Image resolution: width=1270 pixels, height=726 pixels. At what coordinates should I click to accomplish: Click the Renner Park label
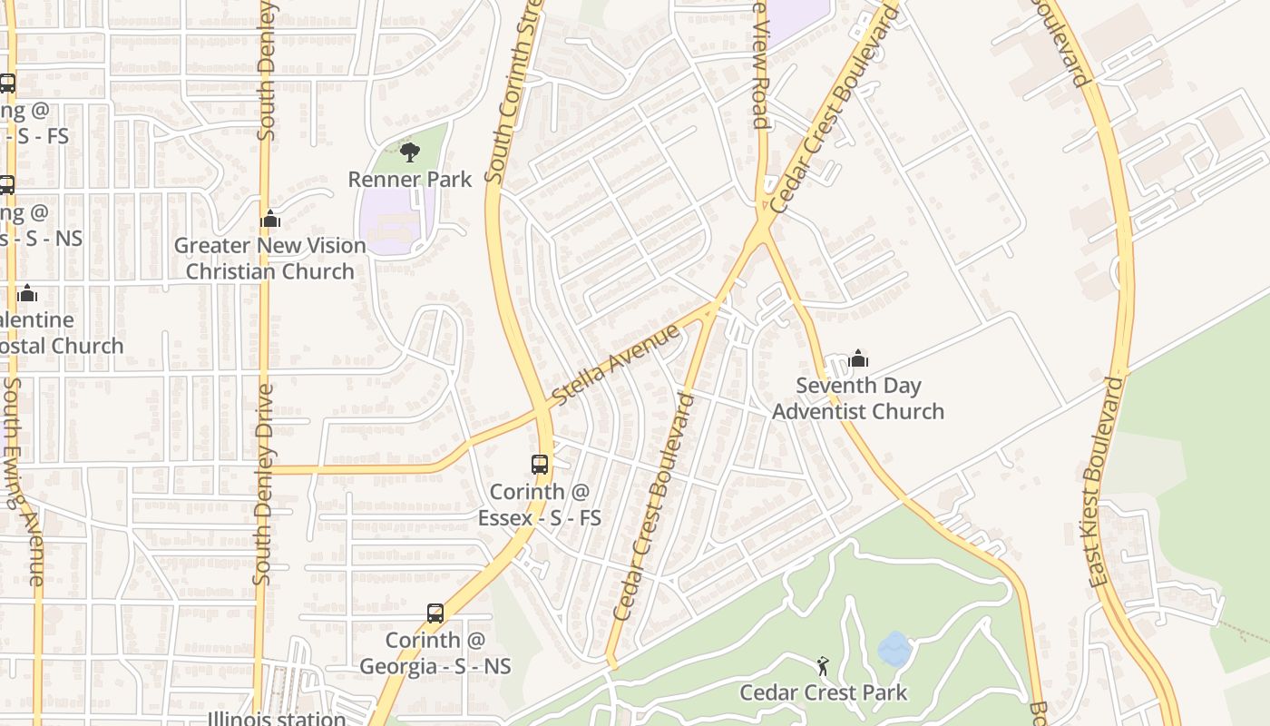410,179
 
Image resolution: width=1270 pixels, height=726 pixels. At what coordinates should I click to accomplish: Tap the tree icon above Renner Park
410,152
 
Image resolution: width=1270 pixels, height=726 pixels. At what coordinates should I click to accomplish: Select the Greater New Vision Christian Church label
269,259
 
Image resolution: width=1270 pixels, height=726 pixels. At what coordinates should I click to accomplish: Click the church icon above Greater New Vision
270,219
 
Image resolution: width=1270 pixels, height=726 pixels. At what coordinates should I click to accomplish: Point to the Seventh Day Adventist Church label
857,398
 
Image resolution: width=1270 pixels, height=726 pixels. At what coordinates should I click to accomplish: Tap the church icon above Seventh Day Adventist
858,359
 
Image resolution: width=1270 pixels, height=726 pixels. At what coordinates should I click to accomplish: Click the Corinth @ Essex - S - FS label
540,505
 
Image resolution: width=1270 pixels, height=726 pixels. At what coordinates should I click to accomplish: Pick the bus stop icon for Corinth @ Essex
540,465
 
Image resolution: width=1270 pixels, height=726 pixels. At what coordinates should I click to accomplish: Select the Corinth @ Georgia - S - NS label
435,653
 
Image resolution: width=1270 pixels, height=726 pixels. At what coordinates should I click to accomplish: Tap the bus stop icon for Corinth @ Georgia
435,613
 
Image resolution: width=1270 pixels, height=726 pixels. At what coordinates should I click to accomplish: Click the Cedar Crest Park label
823,693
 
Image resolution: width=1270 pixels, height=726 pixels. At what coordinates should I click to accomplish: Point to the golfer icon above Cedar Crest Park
823,666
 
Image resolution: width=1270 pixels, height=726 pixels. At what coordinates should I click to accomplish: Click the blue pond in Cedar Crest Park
894,650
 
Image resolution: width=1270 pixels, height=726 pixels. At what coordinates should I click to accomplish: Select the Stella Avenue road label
616,365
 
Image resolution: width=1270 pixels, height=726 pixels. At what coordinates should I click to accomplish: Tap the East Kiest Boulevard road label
1105,481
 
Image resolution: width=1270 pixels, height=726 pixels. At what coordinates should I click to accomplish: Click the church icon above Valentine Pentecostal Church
27,293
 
